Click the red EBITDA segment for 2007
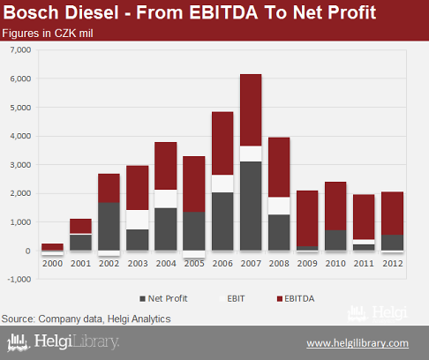(x=251, y=110)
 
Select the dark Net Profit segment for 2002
(x=109, y=227)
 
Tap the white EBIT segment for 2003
(x=138, y=220)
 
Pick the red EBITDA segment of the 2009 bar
(x=307, y=219)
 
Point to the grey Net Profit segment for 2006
(x=222, y=221)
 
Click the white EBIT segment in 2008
(x=279, y=206)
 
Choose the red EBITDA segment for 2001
(x=80, y=226)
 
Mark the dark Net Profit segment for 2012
(x=392, y=243)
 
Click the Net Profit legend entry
(x=163, y=298)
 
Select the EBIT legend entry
(x=232, y=298)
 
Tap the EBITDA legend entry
(x=296, y=298)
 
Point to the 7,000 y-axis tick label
(x=20, y=49)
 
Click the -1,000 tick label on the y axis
(x=19, y=279)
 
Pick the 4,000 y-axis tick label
(x=20, y=136)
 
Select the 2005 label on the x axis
(x=194, y=263)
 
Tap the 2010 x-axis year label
(x=335, y=263)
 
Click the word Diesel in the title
(x=92, y=12)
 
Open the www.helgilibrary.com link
(x=357, y=343)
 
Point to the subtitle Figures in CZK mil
(x=48, y=34)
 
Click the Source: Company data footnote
(x=86, y=319)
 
